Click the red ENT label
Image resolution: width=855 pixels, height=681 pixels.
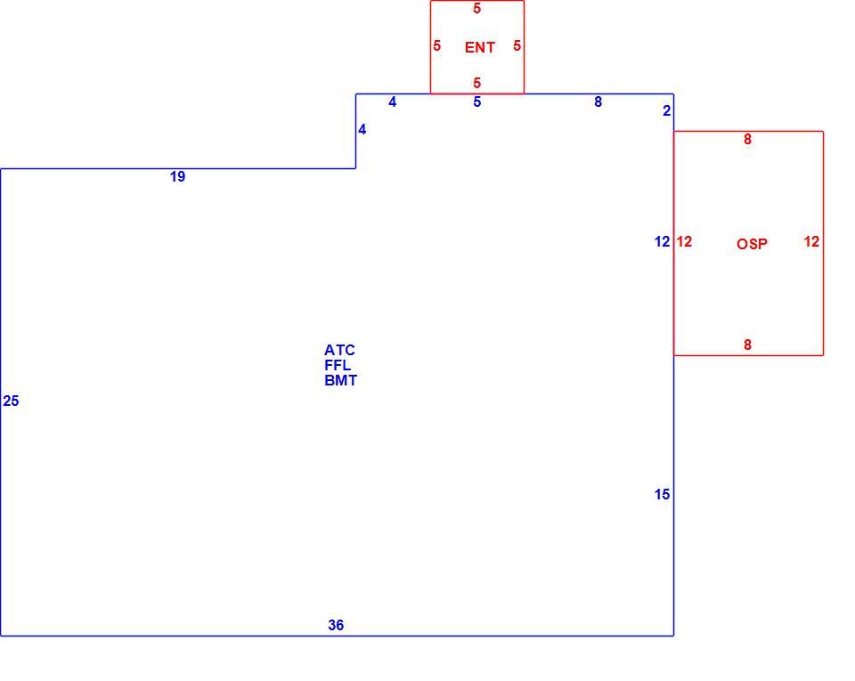pos(480,47)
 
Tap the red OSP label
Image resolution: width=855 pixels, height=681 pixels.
pos(752,244)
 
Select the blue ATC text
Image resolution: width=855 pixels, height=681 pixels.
pos(339,350)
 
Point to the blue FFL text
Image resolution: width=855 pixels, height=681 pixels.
pos(338,365)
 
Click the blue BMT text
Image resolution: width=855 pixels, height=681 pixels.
pos(341,380)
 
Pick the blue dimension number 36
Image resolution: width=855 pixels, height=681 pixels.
pos(336,625)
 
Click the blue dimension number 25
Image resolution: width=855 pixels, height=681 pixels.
pos(11,401)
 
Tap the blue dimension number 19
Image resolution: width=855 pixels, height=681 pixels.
pos(178,176)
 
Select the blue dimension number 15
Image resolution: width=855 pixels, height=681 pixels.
pos(662,494)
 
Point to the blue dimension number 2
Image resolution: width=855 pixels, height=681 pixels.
pos(666,110)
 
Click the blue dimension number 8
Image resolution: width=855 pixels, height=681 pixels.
pos(598,101)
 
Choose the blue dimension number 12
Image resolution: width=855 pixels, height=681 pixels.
pos(662,241)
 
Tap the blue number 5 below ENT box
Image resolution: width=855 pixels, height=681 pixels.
pos(477,101)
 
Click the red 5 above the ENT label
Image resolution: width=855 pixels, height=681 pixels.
pos(477,9)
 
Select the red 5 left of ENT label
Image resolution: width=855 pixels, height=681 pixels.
pos(436,45)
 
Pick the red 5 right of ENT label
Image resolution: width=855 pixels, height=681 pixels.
pos(517,45)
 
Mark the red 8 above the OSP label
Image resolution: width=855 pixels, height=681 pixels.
pos(747,140)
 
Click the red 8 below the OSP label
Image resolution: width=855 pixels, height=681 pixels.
pos(747,345)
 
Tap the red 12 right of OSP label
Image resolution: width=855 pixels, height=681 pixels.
pos(811,241)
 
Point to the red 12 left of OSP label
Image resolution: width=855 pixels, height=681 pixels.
pos(684,241)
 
